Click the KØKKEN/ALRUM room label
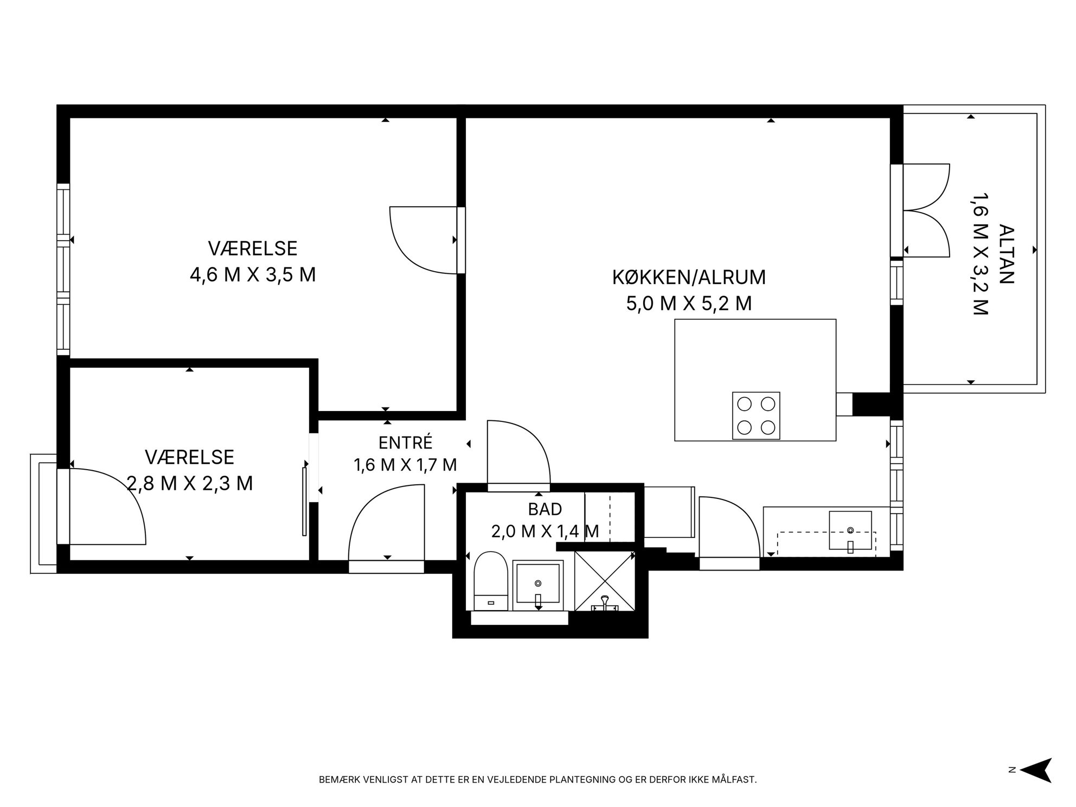(689, 278)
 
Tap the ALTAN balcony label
(1006, 254)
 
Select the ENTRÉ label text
(405, 443)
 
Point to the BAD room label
(545, 509)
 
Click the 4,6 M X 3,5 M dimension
(253, 275)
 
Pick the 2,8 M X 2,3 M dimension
(190, 483)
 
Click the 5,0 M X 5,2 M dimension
(689, 304)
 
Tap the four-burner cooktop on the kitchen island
(756, 415)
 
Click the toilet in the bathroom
(491, 581)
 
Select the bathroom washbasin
(538, 586)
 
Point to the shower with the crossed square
(604, 581)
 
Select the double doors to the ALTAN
(926, 210)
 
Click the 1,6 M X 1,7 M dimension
(405, 465)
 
